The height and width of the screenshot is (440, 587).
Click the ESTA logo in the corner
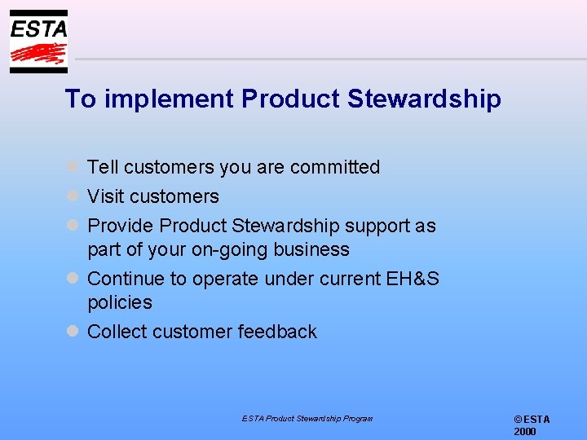pos(38,42)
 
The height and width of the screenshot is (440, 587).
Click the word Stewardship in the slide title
pos(424,99)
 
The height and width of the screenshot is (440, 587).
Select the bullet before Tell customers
pos(72,166)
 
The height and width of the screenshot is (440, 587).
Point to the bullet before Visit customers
pos(72,196)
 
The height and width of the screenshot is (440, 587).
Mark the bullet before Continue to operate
pos(72,279)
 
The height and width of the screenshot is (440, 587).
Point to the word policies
pos(120,302)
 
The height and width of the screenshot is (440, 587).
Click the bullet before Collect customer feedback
pos(72,331)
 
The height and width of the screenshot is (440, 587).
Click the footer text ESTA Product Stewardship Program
pos(307,418)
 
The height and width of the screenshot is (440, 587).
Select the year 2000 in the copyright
pos(525,432)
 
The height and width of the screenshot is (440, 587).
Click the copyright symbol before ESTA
pos(518,419)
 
